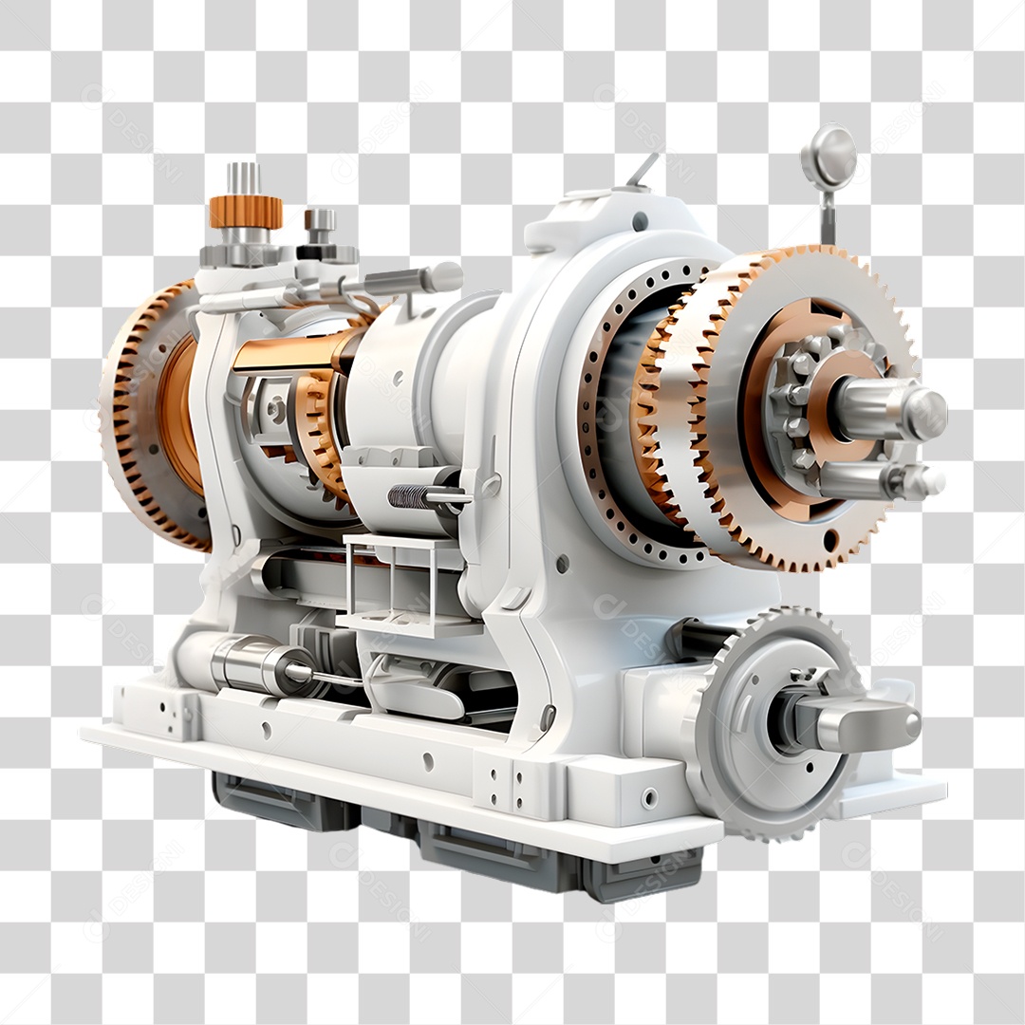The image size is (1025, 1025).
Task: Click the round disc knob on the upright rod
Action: (829, 157)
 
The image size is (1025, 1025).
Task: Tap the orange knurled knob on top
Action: (246, 212)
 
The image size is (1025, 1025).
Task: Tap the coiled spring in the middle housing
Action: (406, 495)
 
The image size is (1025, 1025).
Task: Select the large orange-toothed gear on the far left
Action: (142, 418)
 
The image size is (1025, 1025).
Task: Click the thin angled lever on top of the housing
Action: (643, 170)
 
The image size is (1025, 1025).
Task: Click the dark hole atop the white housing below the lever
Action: (640, 220)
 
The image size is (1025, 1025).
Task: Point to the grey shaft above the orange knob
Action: (243, 178)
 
